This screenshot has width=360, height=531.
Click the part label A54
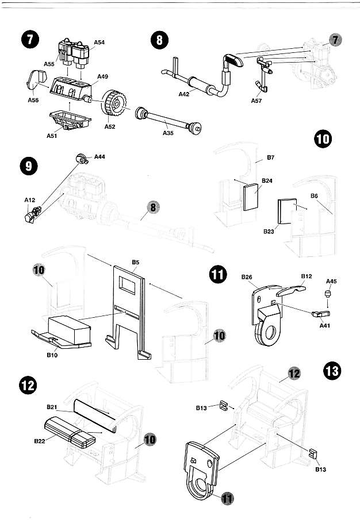click(99, 43)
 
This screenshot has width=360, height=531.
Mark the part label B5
click(136, 262)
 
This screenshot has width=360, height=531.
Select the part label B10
click(53, 356)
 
